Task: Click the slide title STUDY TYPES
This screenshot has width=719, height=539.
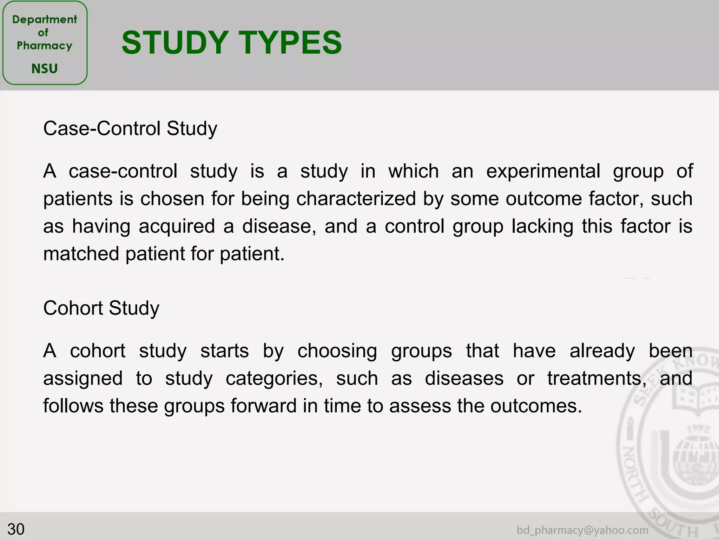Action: point(231,42)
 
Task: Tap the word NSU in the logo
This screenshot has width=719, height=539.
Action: point(45,68)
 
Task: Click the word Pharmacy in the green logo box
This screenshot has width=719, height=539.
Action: point(45,46)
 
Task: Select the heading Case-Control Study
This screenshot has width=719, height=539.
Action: point(130,128)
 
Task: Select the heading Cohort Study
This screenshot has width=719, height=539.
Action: point(101,308)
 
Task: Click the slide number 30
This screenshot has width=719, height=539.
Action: point(16,529)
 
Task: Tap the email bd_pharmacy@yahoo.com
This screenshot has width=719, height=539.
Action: point(582,530)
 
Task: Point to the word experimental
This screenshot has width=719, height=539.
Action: point(543,171)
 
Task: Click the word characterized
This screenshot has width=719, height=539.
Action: point(356,199)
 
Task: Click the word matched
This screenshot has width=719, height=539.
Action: point(81,254)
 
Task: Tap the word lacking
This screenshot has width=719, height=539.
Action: point(543,226)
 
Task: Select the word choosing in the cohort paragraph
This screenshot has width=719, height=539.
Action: point(337,351)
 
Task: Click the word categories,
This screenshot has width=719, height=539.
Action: point(274,379)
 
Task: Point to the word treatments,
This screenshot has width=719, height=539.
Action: point(596,379)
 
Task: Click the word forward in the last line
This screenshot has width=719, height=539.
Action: point(264,406)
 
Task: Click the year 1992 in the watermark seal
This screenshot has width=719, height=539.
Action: point(698,429)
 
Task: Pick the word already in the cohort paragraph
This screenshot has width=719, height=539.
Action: point(602,351)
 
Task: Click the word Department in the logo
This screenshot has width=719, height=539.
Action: point(45,20)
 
